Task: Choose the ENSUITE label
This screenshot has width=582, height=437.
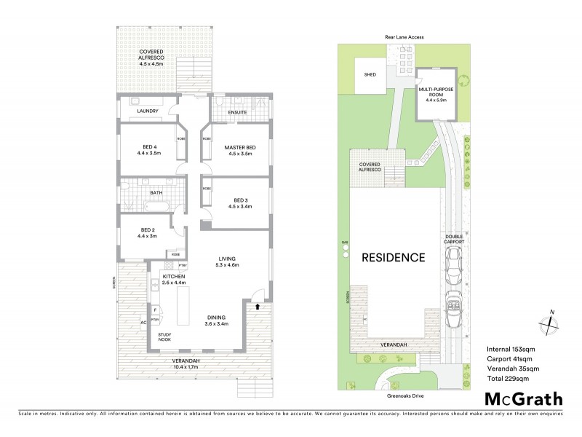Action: coord(237,112)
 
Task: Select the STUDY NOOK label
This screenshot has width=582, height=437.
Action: coord(170,338)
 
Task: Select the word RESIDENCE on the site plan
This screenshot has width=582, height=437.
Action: coord(393,257)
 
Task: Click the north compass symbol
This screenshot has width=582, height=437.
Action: coord(551,323)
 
